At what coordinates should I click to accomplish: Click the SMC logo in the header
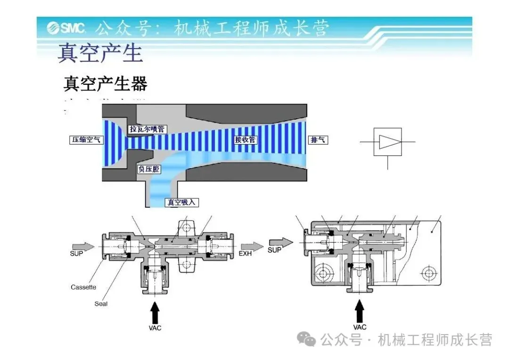coord(66,29)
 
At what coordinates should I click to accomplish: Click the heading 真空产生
coord(100,53)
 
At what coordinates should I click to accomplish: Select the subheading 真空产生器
coord(105,83)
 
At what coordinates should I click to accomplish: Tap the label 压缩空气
coord(85,140)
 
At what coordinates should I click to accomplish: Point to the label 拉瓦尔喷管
coord(147,129)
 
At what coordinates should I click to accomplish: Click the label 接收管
coord(245,139)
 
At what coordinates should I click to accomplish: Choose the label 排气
coord(319,140)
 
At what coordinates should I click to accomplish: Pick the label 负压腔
coord(148,169)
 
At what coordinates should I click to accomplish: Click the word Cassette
coord(83,287)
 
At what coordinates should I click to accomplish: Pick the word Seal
coord(101,304)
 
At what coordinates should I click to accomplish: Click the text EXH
coord(245,254)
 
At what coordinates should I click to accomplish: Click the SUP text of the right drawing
coord(274,250)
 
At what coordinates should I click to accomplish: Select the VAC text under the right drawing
coord(360,327)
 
